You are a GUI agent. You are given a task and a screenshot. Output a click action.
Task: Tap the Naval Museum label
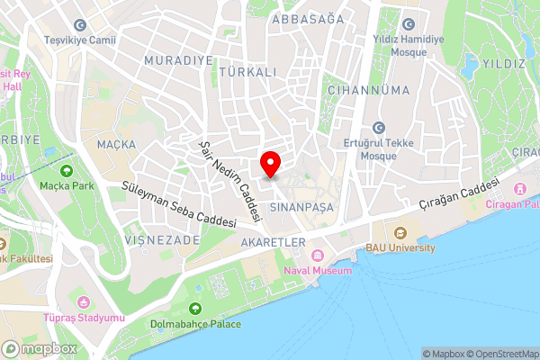tap(317, 270)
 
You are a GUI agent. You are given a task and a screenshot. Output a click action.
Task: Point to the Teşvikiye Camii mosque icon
tap(81, 25)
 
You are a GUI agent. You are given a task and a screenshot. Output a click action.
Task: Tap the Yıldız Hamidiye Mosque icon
tap(409, 24)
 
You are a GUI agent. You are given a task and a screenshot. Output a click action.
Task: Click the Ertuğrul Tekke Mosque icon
tap(376, 127)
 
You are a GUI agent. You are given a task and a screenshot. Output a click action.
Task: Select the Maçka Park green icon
tap(66, 170)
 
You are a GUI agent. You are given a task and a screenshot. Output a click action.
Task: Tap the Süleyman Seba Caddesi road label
tap(178, 204)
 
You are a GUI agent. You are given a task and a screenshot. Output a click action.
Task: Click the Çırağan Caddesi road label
tap(459, 195)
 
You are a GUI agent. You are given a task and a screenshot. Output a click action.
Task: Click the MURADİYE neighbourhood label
tap(177, 59)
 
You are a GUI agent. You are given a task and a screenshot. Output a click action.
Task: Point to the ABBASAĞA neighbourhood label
tap(307, 19)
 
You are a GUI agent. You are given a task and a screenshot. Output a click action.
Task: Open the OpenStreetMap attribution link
tap(501, 354)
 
